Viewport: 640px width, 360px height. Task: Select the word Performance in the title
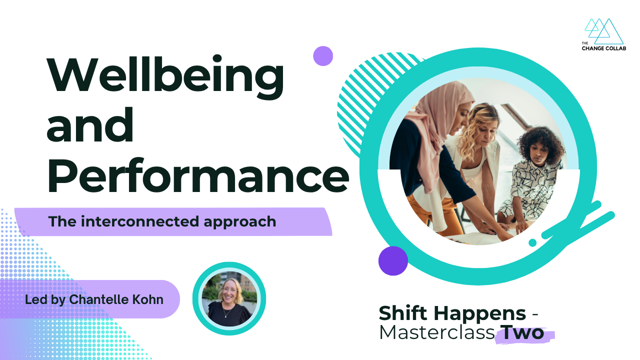[198, 175]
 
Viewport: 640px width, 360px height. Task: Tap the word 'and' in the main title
[90, 124]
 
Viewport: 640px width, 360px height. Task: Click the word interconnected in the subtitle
[139, 221]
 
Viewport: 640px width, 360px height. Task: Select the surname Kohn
[147, 299]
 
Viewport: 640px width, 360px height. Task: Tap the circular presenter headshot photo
[229, 298]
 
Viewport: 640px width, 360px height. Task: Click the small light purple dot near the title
[323, 56]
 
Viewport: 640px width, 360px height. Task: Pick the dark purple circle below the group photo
[393, 260]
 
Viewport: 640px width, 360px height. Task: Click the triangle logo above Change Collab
[603, 31]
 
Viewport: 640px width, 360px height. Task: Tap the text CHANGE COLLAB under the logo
[603, 48]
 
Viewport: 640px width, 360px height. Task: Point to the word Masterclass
[437, 332]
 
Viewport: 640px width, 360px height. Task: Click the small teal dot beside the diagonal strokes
[532, 242]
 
